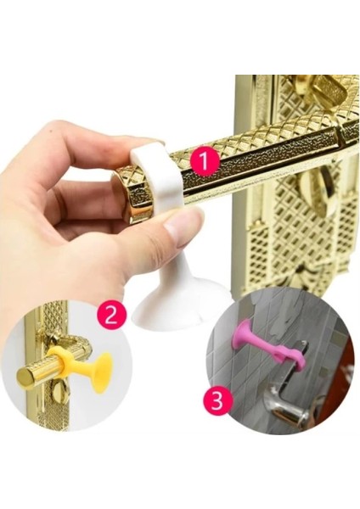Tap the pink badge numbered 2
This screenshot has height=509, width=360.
(x=112, y=316)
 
